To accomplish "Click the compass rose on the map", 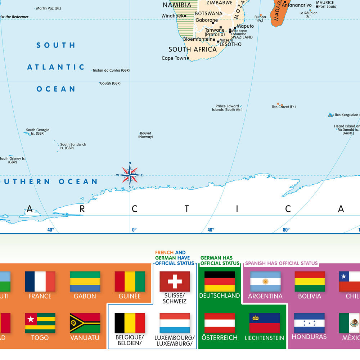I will click(x=130, y=175).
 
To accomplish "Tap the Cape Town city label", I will click(x=174, y=58).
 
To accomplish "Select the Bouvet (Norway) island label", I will click(x=145, y=135).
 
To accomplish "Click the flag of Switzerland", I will click(x=175, y=281).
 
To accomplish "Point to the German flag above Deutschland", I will click(x=220, y=281).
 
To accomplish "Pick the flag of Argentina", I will click(x=265, y=281).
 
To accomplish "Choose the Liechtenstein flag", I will click(x=265, y=323).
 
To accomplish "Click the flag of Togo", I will click(x=40, y=323).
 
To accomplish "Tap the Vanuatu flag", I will click(x=85, y=323).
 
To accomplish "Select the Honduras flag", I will click(x=309, y=323).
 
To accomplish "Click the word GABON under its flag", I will click(x=85, y=296).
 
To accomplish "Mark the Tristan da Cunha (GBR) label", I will click(x=111, y=71).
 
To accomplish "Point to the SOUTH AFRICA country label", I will click(x=193, y=49).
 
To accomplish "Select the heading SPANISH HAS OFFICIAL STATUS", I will click(x=281, y=263).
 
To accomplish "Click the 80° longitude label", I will click(x=286, y=230).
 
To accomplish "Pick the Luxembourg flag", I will click(x=175, y=323).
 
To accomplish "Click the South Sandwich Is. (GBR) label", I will click(x=73, y=146).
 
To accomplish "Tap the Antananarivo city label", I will click(x=297, y=5).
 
